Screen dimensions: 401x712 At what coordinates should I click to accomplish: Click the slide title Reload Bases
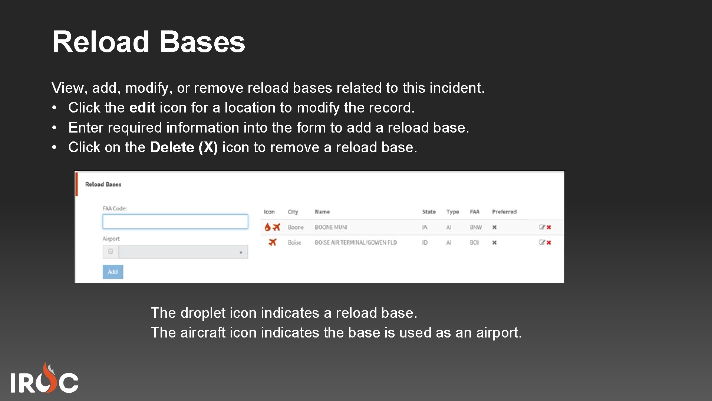[148, 42]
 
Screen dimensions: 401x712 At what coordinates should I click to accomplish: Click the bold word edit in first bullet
[142, 108]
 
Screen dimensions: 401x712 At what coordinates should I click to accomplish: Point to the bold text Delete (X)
[184, 147]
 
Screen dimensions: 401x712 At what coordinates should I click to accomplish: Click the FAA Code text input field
[175, 222]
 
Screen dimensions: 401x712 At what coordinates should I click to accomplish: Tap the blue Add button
[113, 272]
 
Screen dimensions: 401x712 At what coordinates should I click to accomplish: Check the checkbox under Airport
[111, 251]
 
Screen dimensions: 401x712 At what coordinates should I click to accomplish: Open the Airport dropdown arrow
[241, 252]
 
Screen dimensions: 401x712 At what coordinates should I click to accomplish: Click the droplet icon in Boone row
[267, 227]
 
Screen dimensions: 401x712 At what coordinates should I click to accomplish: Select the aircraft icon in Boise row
[273, 242]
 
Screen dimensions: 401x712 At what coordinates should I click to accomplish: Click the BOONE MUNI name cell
[331, 227]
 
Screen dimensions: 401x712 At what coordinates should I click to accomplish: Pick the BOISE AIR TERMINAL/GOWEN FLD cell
[355, 242]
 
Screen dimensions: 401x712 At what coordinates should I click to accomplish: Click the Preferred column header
[504, 212]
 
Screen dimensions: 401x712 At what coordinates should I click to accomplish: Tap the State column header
[429, 212]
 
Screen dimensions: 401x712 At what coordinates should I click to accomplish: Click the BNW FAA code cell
[475, 227]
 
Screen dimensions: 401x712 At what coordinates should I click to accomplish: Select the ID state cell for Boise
[425, 242]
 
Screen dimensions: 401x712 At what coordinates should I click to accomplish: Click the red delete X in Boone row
[549, 227]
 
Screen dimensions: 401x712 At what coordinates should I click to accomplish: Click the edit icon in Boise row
[542, 242]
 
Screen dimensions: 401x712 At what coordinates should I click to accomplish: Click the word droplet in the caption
[203, 313]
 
